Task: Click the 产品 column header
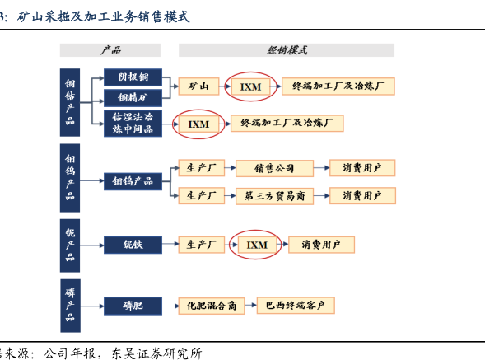(x=110, y=50)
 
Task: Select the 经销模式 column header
(x=287, y=50)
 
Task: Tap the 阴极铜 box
(x=133, y=77)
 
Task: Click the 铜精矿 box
(x=133, y=98)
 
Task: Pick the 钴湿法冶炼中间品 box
(x=133, y=124)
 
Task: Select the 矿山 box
(x=199, y=86)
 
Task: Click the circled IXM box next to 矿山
(x=250, y=86)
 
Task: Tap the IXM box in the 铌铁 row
(x=257, y=245)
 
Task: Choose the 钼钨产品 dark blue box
(x=133, y=181)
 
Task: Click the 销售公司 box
(x=275, y=168)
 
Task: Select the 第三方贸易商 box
(x=275, y=196)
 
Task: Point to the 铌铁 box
(x=133, y=245)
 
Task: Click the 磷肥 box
(x=133, y=306)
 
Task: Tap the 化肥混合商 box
(x=212, y=306)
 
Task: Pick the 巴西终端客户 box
(x=296, y=306)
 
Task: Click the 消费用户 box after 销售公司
(x=362, y=168)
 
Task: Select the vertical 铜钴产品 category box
(x=70, y=102)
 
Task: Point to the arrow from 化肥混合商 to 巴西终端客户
(x=250, y=306)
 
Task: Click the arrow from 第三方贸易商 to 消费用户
(x=321, y=195)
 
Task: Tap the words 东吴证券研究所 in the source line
(x=156, y=353)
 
